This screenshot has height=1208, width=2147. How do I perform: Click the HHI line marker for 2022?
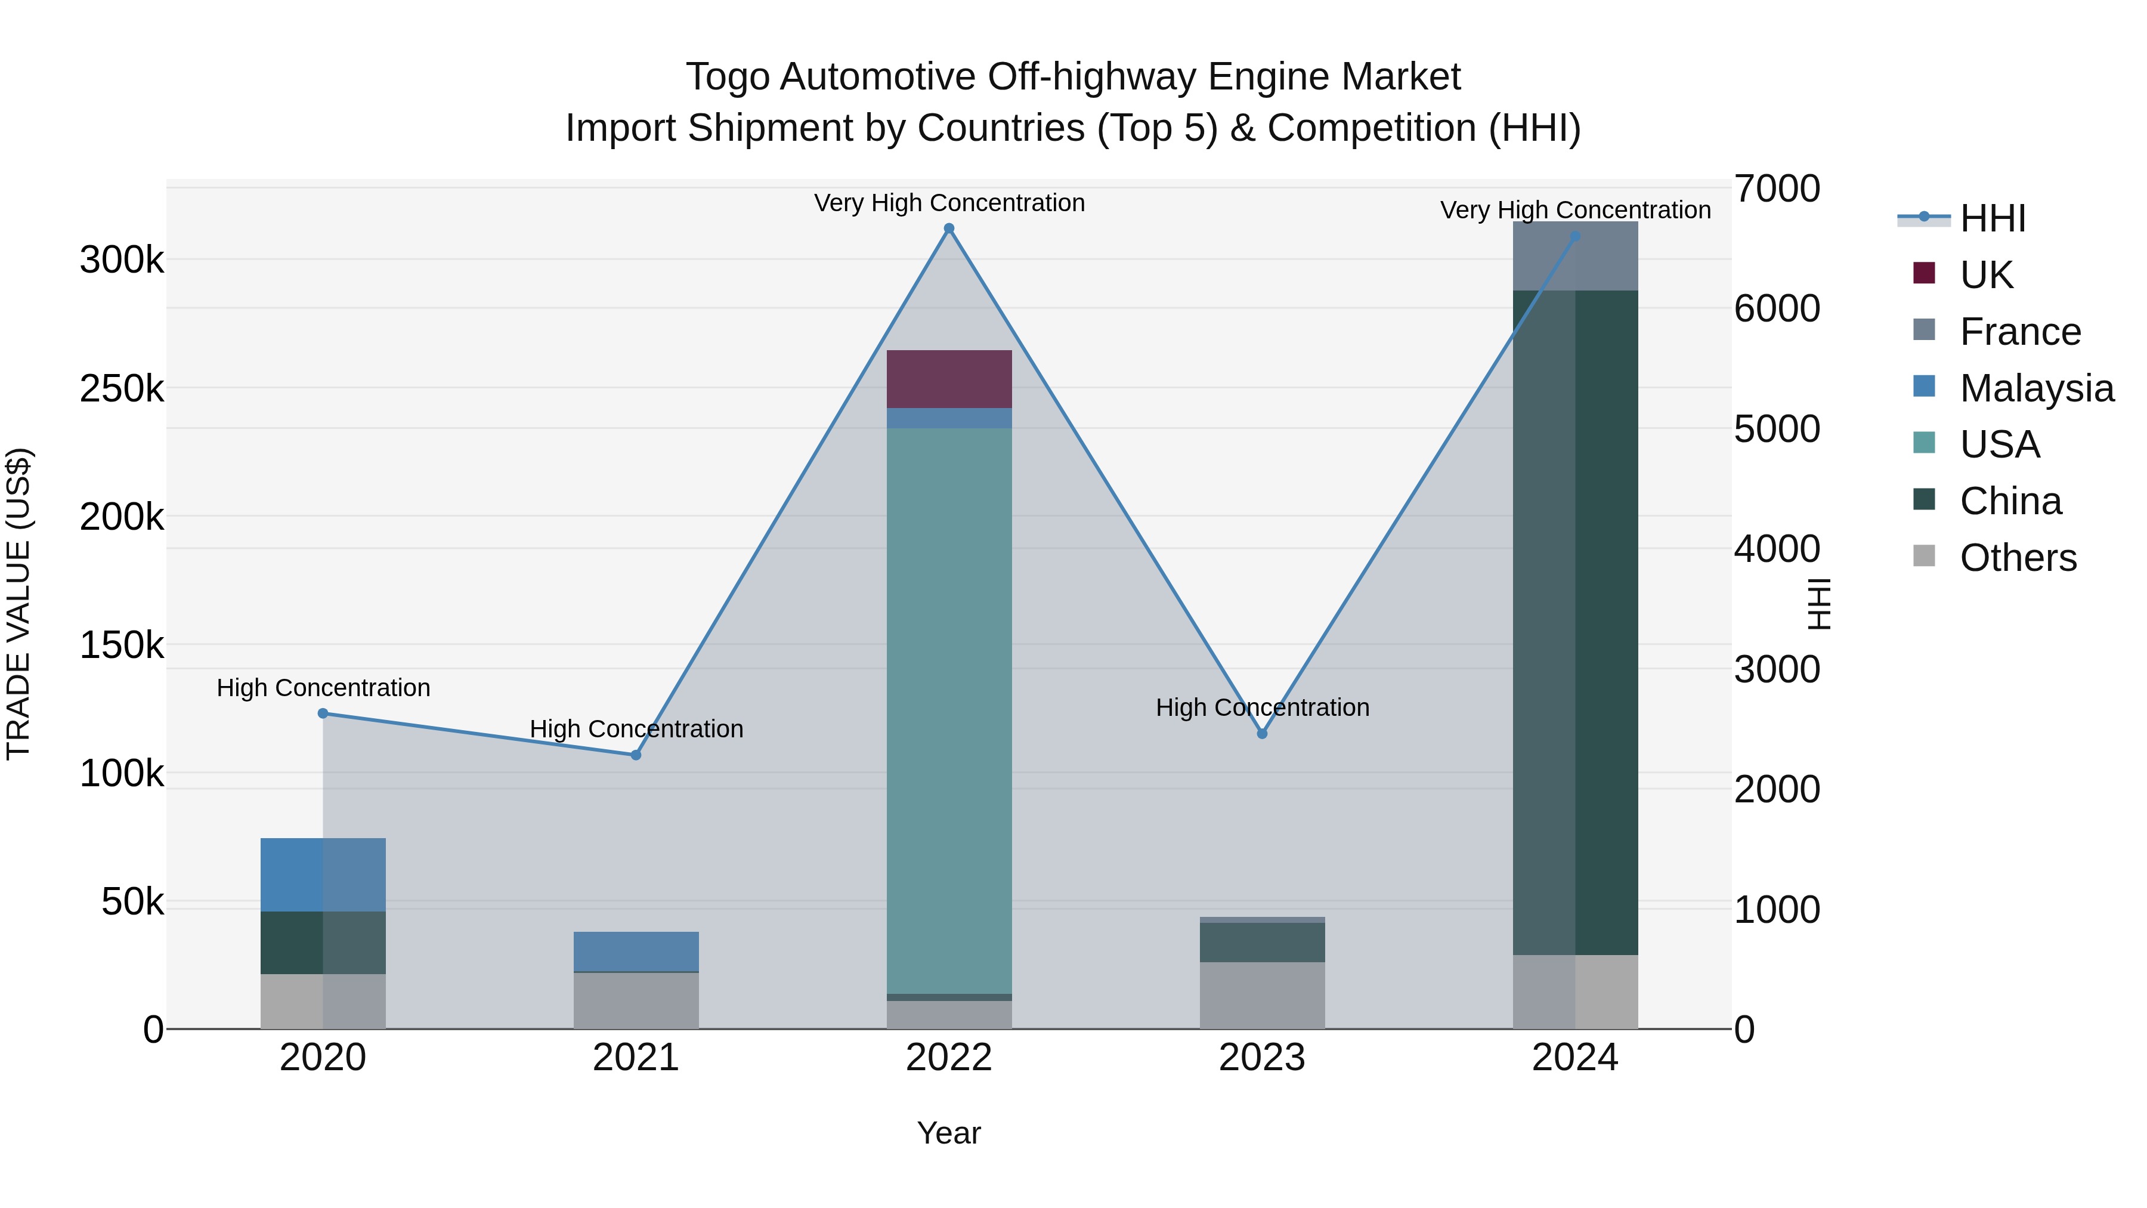pyautogui.click(x=948, y=228)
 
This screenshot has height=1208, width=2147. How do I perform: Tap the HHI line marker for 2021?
pyautogui.click(x=636, y=755)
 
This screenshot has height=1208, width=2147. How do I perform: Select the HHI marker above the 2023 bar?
pyautogui.click(x=1262, y=734)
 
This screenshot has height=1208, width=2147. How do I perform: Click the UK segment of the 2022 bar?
pyautogui.click(x=948, y=379)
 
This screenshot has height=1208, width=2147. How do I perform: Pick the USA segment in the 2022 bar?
pyautogui.click(x=948, y=709)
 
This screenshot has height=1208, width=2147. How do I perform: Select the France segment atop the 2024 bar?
pyautogui.click(x=1575, y=256)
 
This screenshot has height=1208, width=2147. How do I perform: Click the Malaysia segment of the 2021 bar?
pyautogui.click(x=636, y=951)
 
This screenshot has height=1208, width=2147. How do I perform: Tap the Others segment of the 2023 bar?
pyautogui.click(x=1262, y=996)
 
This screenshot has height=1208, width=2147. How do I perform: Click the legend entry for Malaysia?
pyautogui.click(x=2036, y=388)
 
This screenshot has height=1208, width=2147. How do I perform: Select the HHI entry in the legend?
pyautogui.click(x=1992, y=218)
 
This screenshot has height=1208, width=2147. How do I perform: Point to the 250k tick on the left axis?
pyautogui.click(x=122, y=388)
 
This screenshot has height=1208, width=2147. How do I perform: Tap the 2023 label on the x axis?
pyautogui.click(x=1262, y=1058)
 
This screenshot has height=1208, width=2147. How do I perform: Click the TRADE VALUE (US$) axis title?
pyautogui.click(x=19, y=604)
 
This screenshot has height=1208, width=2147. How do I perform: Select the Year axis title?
pyautogui.click(x=948, y=1133)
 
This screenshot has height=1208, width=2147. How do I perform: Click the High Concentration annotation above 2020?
pyautogui.click(x=323, y=688)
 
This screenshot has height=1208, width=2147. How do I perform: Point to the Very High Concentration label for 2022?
pyautogui.click(x=948, y=203)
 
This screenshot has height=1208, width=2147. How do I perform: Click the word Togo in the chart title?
pyautogui.click(x=727, y=78)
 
